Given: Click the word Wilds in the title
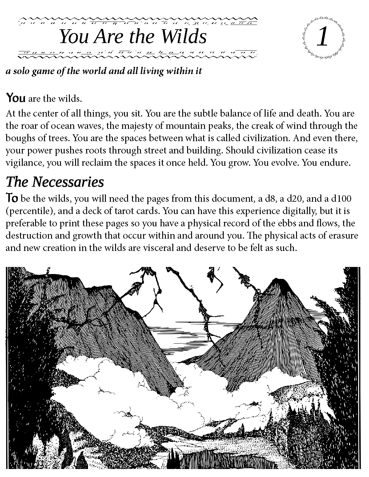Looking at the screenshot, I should (184, 36).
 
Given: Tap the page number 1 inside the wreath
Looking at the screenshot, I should (323, 37).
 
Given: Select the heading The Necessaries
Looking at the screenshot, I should (55, 182).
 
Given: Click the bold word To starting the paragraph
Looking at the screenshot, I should (13, 198).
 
